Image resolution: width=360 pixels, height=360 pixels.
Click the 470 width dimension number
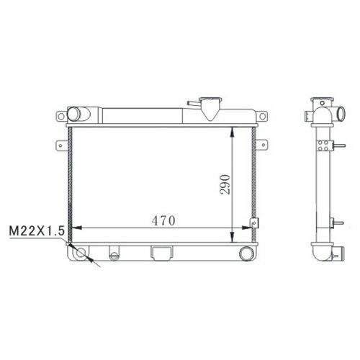tap(163, 221)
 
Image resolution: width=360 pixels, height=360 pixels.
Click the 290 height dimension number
tap(225, 184)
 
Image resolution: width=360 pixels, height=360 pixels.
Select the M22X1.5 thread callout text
tap(37, 231)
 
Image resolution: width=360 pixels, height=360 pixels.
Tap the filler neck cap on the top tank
tap(210, 99)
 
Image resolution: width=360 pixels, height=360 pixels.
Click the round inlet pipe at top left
tap(73, 114)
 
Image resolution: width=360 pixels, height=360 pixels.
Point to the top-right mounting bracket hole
tap(263, 117)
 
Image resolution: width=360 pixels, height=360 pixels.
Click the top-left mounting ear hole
tap(61, 117)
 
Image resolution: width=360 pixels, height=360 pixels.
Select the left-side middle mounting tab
tap(62, 145)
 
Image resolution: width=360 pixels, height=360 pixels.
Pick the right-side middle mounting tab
tap(262, 145)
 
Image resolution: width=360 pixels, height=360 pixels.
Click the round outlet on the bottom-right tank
tap(246, 253)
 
